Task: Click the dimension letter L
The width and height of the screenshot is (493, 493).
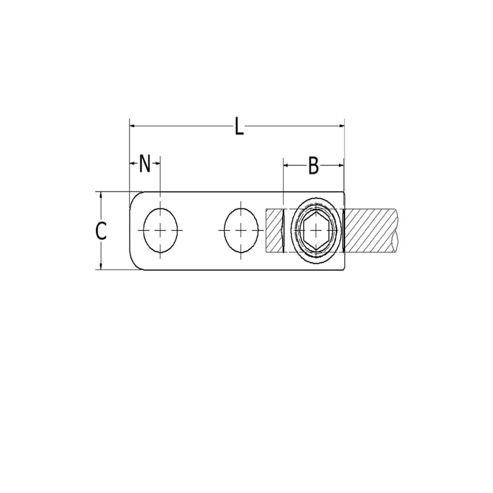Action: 239,126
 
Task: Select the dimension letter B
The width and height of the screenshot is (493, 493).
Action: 313,166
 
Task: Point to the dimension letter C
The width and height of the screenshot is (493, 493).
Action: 101,231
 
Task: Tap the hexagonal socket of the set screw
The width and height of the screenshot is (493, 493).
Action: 315,231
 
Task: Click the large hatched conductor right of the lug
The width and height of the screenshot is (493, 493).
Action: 370,231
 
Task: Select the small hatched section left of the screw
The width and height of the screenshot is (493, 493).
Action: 274,231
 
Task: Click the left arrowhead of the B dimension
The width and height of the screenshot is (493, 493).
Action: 286,165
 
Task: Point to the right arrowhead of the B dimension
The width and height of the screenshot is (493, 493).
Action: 341,165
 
